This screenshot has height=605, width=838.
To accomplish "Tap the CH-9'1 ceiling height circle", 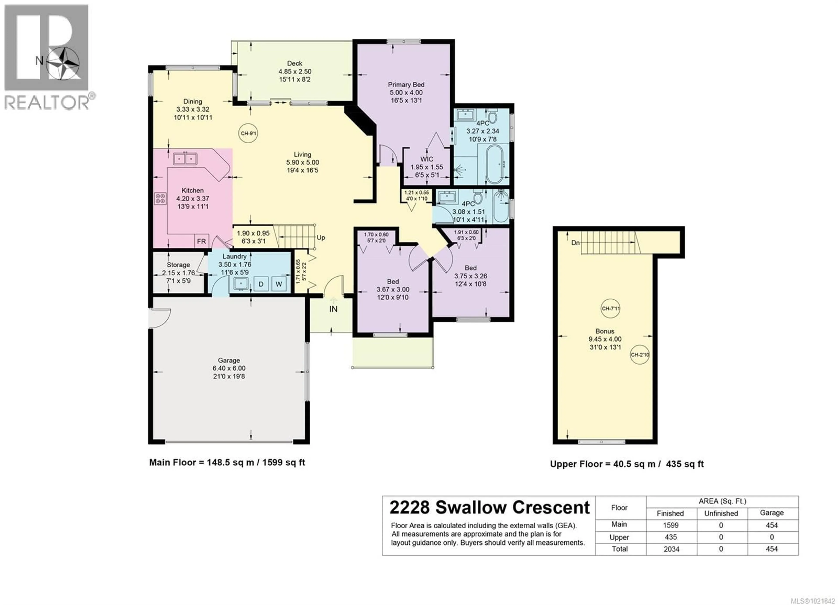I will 248,133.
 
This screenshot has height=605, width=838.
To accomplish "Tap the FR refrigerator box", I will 201,241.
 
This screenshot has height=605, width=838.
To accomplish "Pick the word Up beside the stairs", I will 321,238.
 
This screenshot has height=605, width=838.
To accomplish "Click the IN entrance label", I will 333,309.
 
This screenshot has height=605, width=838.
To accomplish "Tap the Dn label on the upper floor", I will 575,243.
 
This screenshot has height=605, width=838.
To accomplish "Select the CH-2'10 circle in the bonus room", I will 640,355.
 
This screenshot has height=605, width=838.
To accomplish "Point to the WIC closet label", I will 427,159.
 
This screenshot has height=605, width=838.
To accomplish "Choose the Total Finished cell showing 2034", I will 671,549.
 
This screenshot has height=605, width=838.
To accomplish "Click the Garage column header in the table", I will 771,513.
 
